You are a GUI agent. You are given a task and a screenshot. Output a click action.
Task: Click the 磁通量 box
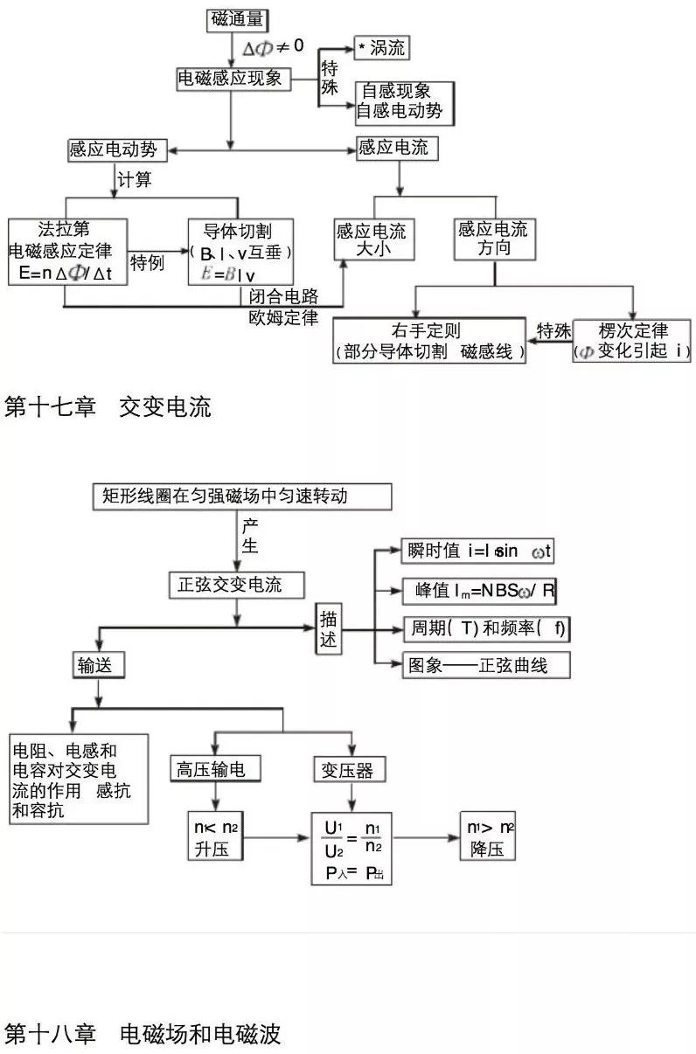point(236,21)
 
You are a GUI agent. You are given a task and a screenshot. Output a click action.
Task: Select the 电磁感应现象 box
point(232,79)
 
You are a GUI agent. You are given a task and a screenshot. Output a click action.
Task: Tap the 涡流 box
point(381,48)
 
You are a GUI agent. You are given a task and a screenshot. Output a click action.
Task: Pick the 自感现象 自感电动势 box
point(404,101)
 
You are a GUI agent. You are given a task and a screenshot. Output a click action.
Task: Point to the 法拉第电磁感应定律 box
point(66,252)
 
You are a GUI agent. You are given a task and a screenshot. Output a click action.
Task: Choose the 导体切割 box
point(240,252)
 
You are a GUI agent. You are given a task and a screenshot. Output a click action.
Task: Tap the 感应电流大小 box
point(371,239)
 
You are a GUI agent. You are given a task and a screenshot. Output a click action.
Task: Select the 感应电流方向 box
point(493,239)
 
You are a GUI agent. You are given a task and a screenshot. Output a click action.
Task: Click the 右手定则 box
point(429,341)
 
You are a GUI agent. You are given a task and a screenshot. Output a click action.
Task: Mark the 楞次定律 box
point(631,341)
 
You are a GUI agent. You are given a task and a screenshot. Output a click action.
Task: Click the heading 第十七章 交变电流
point(108,407)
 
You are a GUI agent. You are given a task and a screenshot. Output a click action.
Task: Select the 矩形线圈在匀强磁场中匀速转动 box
point(240,496)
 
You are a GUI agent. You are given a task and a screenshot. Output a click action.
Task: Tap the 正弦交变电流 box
point(238,586)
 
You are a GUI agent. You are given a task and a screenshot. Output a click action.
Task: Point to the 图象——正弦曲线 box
point(486,665)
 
